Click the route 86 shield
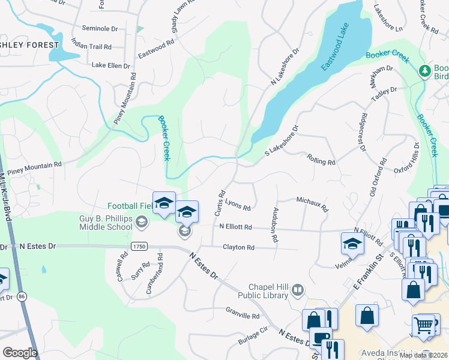(x=22, y=296)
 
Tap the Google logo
(x=20, y=353)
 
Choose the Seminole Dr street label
(x=99, y=28)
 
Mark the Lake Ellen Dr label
(x=111, y=65)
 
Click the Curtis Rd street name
(x=220, y=203)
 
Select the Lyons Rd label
(x=238, y=206)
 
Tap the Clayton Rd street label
(x=238, y=247)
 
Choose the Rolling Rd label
(x=321, y=161)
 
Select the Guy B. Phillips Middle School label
(x=106, y=223)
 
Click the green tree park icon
(x=426, y=71)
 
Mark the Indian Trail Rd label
(x=91, y=46)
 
